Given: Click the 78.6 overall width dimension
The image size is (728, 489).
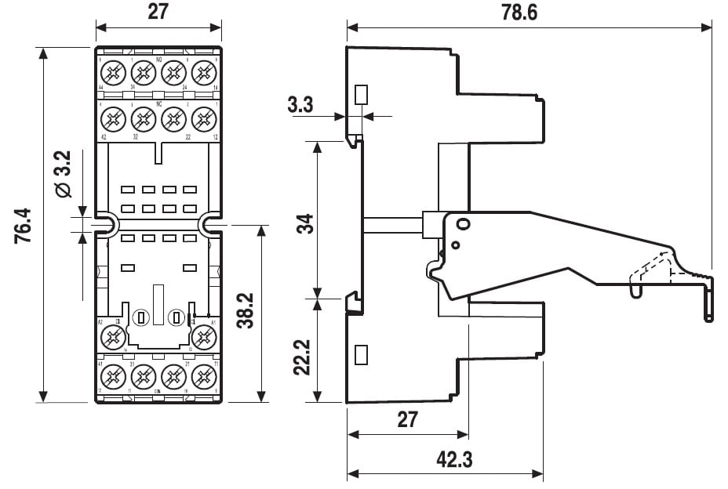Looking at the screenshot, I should click(525, 13).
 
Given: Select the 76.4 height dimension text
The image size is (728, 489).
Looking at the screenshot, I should click(23, 226).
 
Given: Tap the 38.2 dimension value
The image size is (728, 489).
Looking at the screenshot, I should click(244, 312).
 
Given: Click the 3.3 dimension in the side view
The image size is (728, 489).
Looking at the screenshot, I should click(303, 104).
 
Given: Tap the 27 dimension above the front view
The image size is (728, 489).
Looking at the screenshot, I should click(158, 13).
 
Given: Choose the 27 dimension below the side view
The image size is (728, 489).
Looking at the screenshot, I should click(407, 418).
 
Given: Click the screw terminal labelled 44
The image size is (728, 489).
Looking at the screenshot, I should click(112, 73).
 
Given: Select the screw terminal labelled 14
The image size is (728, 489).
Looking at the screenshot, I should click(204, 73).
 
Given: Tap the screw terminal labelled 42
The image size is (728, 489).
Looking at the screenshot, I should click(112, 119).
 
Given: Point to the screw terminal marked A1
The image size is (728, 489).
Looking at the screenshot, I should click(204, 336).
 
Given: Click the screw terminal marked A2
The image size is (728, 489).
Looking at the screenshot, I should click(112, 336).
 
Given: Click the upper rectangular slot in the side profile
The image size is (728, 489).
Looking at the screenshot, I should click(361, 95).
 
